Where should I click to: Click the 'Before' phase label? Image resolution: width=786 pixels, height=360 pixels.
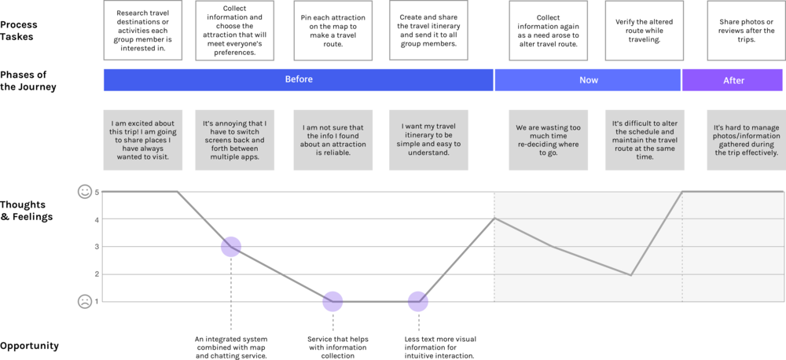(298, 79)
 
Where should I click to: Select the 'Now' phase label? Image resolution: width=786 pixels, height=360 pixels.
(588, 79)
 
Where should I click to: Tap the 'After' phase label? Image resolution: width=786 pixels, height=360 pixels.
(733, 80)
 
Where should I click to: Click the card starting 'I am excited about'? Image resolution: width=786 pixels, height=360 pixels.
(142, 140)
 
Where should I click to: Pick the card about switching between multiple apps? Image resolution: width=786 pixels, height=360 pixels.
(235, 140)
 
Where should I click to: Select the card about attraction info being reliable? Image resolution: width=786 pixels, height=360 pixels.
(333, 140)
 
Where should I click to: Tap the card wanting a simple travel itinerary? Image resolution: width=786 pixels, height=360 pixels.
(428, 140)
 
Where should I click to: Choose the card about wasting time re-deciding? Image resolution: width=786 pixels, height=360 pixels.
(548, 140)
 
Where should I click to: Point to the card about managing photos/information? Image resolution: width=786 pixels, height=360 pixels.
(745, 140)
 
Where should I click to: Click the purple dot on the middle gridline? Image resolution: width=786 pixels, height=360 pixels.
(230, 247)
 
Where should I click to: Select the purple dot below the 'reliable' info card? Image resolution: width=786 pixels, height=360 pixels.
(333, 301)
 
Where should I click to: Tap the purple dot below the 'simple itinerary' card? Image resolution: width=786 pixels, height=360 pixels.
(418, 301)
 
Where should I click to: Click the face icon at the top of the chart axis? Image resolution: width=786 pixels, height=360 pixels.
(84, 191)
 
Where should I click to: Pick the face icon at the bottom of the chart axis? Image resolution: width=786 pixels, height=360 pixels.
(84, 301)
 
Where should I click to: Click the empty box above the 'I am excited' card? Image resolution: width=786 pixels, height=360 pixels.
(142, 31)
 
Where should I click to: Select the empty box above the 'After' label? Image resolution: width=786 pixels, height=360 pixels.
(745, 31)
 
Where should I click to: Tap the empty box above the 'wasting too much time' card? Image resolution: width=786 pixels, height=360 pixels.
(548, 31)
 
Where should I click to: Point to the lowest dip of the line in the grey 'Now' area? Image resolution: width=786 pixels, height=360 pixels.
(631, 275)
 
